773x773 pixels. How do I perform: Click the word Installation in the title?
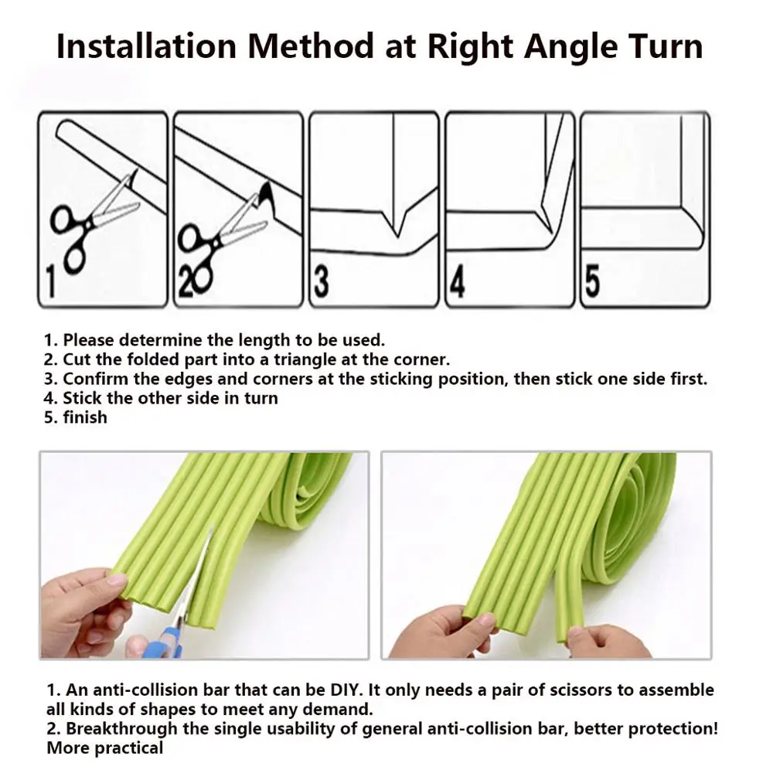coord(147,46)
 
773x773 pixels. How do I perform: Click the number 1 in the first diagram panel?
coord(49,281)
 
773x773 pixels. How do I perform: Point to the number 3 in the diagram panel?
coord(322,282)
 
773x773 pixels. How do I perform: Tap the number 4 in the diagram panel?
coord(458,282)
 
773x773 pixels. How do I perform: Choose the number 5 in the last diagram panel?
coord(592,282)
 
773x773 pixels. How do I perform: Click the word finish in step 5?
coord(85,417)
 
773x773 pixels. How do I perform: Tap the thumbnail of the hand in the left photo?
coord(117,580)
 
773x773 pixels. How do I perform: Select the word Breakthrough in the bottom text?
coord(121,729)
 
